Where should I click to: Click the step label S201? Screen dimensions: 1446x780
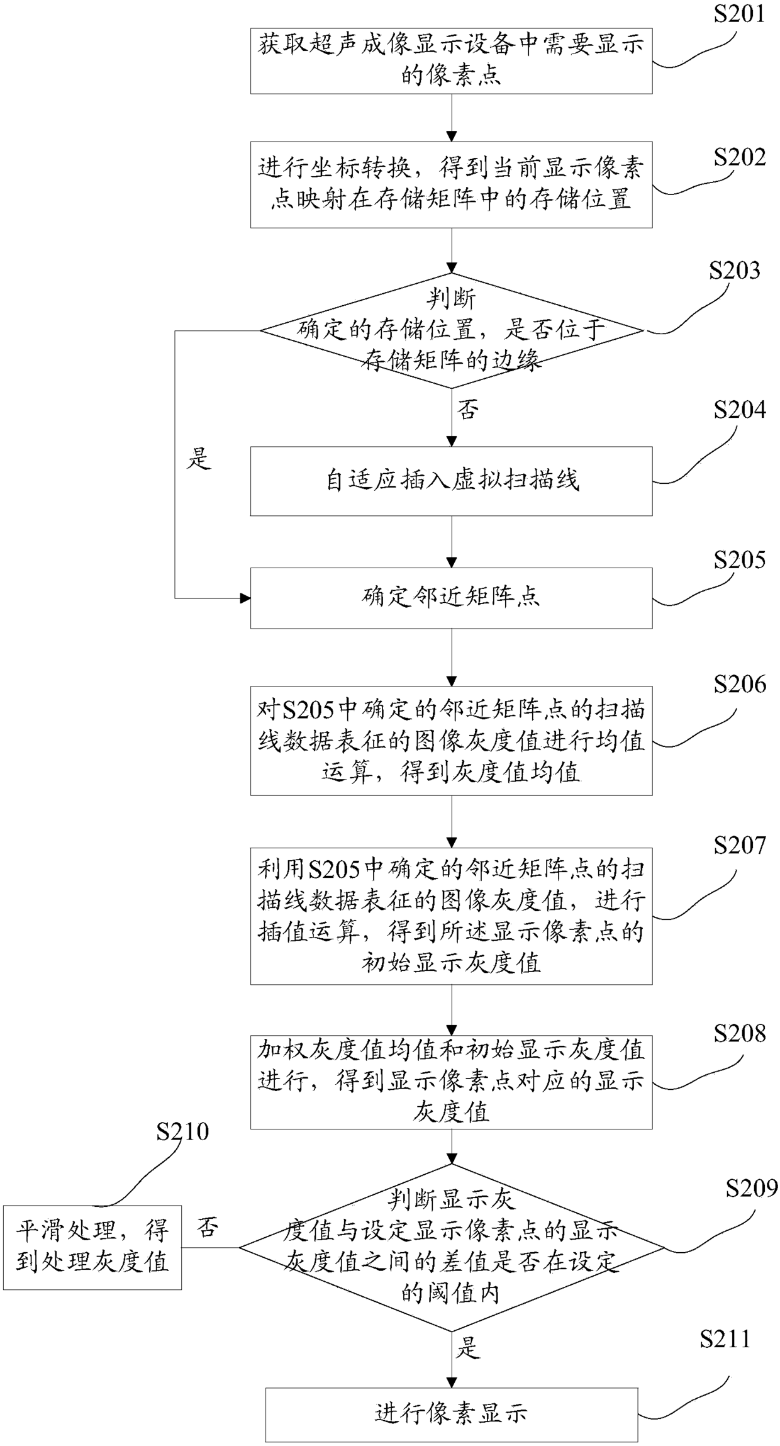coord(739,14)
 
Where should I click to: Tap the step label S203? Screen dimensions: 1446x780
coord(735,271)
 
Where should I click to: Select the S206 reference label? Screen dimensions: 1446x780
coord(740,684)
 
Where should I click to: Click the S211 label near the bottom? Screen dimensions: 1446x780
coord(725,1339)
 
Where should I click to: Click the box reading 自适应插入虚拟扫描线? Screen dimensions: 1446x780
coord(451,481)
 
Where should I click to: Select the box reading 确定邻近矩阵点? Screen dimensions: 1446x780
coord(451,598)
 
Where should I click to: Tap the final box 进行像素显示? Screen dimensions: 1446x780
coord(451,1415)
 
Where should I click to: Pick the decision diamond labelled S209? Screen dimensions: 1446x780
coord(451,1247)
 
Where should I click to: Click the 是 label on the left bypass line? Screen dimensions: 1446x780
coord(199,459)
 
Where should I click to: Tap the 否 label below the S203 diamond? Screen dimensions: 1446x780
coord(468,410)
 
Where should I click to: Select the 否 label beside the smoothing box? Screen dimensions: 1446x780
coord(207,1227)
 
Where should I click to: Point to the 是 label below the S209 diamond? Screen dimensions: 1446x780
coord(468,1348)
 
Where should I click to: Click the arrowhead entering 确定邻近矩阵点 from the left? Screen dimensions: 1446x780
coord(245,598)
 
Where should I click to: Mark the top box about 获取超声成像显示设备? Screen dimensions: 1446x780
coord(451,61)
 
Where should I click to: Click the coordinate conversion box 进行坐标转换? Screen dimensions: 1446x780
coord(451,184)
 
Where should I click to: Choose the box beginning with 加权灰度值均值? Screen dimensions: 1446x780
coord(451,1082)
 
